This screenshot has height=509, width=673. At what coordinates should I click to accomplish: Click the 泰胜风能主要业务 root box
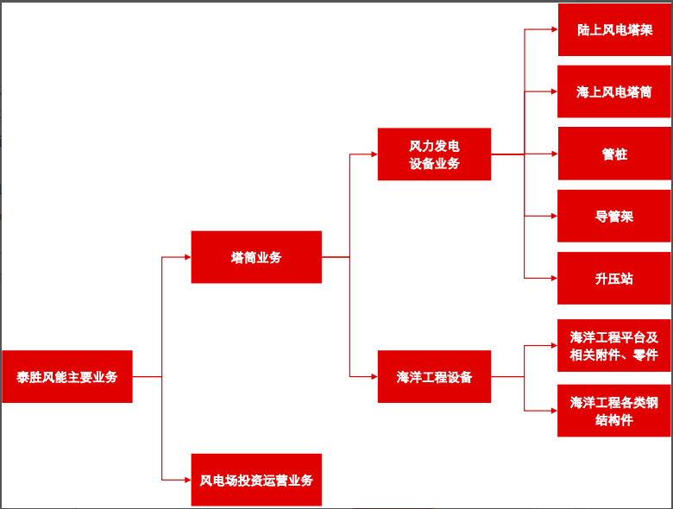[x=67, y=376]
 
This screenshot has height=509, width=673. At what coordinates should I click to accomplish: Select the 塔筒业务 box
[x=256, y=257]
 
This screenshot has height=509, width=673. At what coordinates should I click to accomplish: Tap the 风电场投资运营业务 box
[x=256, y=480]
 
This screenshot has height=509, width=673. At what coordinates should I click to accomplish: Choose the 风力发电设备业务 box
[x=434, y=154]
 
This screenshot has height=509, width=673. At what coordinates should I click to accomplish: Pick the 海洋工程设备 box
[x=434, y=376]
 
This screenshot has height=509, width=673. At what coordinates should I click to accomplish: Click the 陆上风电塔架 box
[x=614, y=29]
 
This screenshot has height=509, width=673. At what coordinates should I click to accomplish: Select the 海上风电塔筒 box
[x=614, y=91]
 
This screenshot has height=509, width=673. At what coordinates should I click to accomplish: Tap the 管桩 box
[x=614, y=154]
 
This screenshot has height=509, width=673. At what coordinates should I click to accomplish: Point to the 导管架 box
[x=614, y=217]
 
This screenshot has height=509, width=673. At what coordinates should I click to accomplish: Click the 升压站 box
[x=614, y=279]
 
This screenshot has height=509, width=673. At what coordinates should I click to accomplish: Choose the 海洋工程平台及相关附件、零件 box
[x=614, y=346]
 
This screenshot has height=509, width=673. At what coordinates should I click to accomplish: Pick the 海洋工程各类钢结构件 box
[x=614, y=411]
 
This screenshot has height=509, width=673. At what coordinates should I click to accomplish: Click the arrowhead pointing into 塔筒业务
[x=186, y=257]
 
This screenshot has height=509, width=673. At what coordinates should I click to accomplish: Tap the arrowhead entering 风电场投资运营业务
[x=186, y=480]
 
